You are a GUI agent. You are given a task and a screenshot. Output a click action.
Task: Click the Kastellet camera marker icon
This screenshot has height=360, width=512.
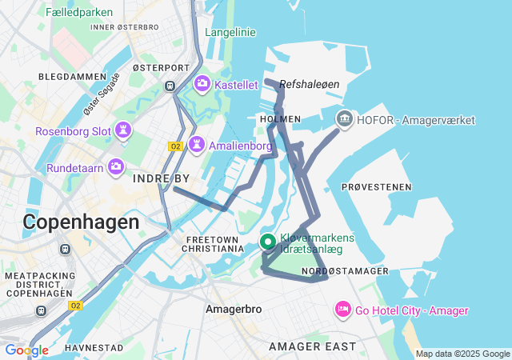click(202, 83)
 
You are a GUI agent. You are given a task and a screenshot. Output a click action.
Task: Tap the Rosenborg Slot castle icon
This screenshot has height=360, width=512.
click(124, 130)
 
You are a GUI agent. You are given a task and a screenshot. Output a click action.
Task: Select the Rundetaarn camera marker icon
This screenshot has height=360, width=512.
click(116, 167)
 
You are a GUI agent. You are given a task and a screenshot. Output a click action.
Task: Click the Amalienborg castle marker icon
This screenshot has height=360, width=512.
click(195, 146)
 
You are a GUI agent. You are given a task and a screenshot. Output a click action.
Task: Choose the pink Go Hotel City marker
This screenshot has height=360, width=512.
click(342, 310)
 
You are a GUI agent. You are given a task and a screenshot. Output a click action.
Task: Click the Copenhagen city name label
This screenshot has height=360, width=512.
click(81, 222)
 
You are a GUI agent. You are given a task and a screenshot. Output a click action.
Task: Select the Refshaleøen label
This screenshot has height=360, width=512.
click(310, 83)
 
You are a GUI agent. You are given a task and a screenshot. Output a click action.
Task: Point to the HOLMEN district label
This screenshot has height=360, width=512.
click(281, 118)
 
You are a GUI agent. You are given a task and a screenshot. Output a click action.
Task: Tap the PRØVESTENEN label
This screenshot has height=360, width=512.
click(376, 186)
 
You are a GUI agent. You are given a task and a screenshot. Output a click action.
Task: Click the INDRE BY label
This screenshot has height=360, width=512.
click(161, 178)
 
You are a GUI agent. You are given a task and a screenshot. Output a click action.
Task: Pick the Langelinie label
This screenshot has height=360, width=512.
click(230, 32)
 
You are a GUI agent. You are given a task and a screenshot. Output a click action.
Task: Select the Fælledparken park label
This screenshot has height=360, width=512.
click(79, 12)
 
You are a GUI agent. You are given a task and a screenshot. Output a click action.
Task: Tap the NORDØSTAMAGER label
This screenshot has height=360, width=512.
click(346, 271)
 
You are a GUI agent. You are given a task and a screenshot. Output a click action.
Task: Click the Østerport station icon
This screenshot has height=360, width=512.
click(170, 86)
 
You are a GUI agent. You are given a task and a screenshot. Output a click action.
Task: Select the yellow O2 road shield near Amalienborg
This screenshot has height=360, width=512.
click(176, 146)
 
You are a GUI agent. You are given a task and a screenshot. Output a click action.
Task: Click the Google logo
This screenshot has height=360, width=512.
click(26, 350)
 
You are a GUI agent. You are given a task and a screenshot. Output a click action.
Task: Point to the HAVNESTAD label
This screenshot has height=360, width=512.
click(94, 348)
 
